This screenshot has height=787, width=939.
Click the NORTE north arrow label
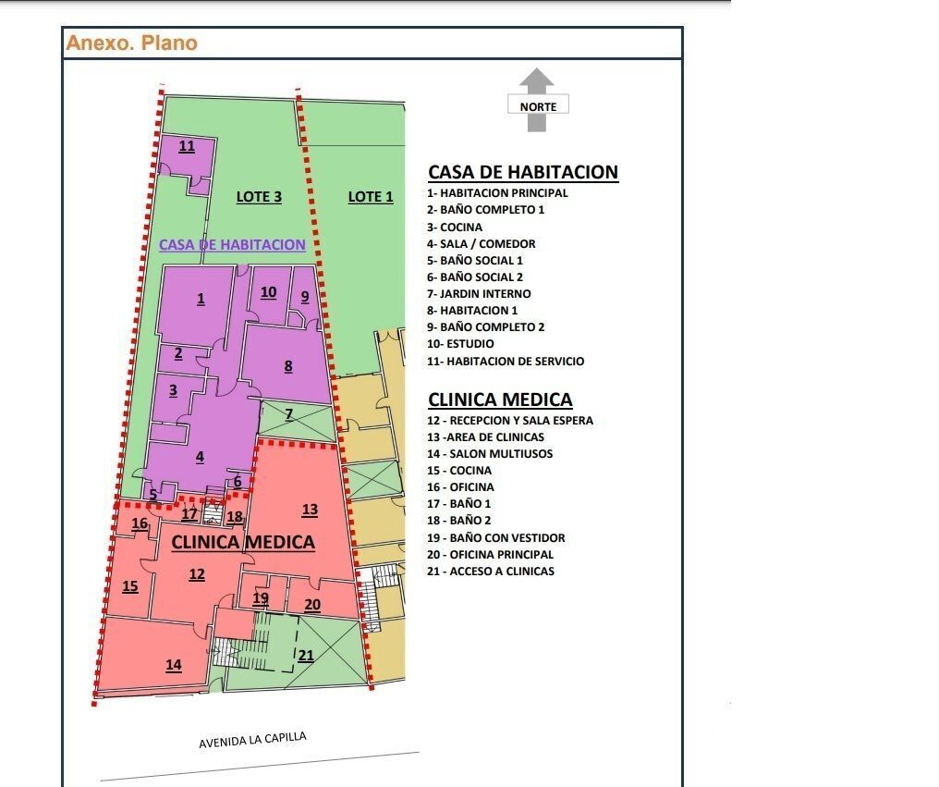[x=538, y=105]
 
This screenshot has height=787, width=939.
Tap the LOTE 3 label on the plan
[x=259, y=196]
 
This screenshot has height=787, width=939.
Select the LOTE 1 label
[x=371, y=196]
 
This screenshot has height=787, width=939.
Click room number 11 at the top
[x=187, y=146]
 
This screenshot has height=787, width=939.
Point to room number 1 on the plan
[x=201, y=299]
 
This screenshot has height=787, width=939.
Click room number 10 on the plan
[x=268, y=292]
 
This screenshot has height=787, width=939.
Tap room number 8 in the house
[x=288, y=366]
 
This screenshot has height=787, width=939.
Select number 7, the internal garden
[x=288, y=413]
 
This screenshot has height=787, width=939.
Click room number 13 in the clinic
[x=310, y=510]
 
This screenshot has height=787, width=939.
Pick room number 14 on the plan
[x=174, y=665]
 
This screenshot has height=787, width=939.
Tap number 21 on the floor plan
[x=306, y=656]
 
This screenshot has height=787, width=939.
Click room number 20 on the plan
[x=312, y=605]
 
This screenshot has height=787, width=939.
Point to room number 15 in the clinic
[x=130, y=586]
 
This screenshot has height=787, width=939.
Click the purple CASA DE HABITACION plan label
[x=232, y=245]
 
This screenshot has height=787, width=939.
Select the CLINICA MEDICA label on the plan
[x=243, y=542]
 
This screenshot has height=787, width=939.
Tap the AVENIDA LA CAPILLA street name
[x=252, y=741]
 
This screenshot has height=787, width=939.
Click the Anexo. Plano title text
[x=131, y=43]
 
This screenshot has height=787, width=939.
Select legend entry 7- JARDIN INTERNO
[x=479, y=293]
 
